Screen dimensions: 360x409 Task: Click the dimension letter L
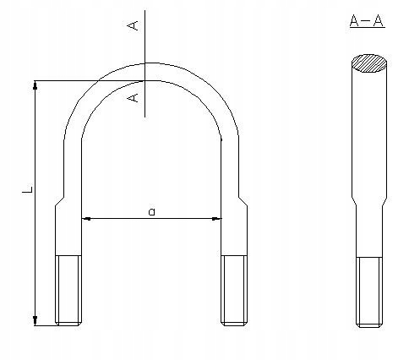[26, 194]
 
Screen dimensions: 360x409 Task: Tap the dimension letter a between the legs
[151, 211]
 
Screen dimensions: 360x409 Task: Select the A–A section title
[367, 21]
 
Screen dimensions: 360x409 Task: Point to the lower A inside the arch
[133, 99]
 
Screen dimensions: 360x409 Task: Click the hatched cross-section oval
[369, 63]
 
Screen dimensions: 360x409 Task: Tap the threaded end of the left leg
[68, 289]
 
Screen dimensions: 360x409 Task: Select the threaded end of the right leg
[233, 289]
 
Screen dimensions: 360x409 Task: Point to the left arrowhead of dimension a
[86, 219]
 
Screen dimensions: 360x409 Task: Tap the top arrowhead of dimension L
[35, 85]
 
